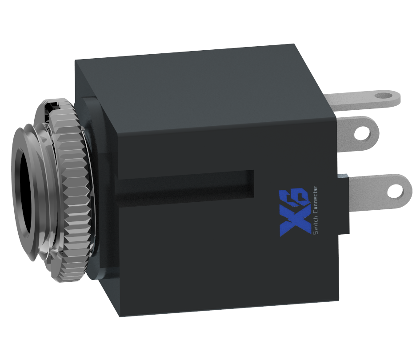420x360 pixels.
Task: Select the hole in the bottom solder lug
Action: pyautogui.click(x=394, y=190)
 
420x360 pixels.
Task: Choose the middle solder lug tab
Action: pyautogui.click(x=351, y=133)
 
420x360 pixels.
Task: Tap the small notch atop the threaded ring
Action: pyautogui.click(x=53, y=105)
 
